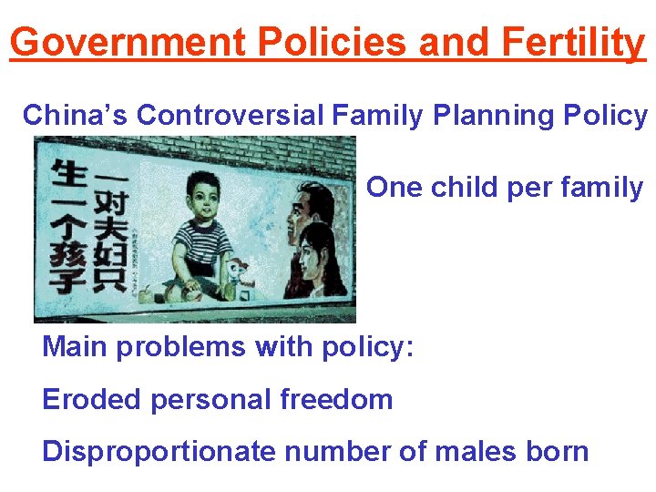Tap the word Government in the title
[x=125, y=42]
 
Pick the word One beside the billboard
[x=395, y=188]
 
